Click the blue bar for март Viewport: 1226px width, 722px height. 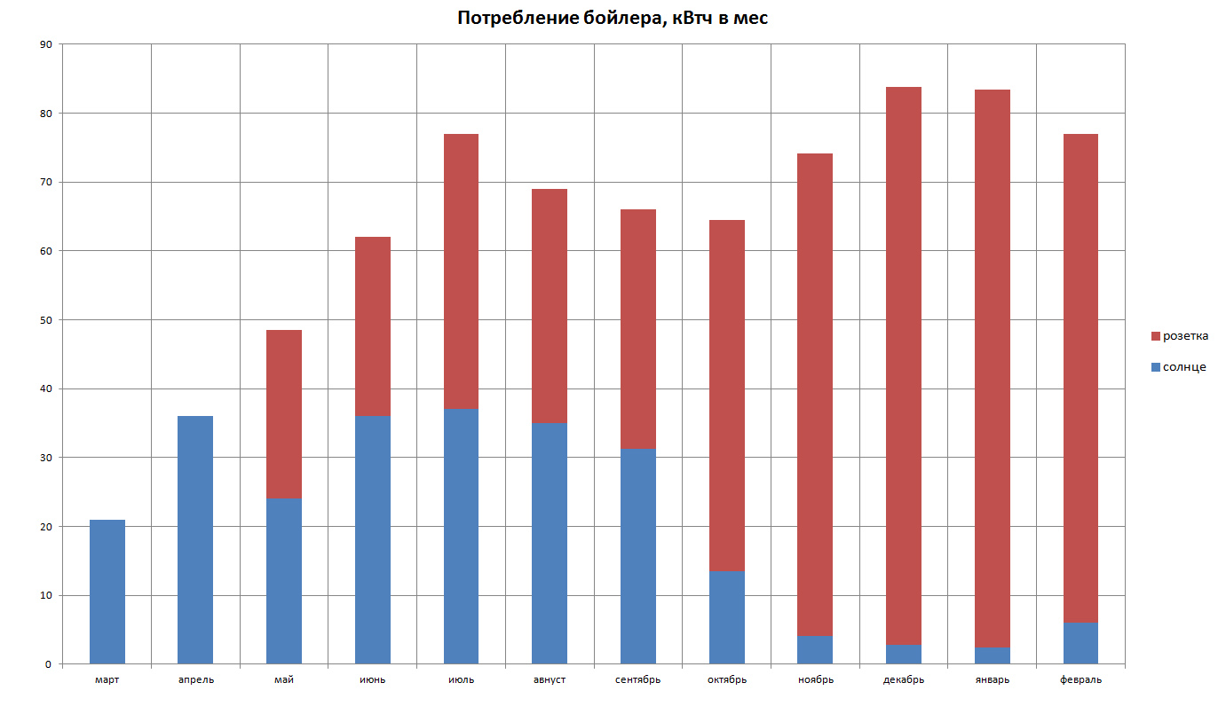[x=107, y=592]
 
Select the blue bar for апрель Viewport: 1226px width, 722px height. [x=195, y=539]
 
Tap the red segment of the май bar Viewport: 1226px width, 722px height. [x=284, y=414]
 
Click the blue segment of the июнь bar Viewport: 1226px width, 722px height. [x=373, y=539]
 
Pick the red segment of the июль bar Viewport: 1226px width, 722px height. [x=461, y=271]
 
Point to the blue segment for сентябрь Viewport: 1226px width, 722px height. [x=638, y=556]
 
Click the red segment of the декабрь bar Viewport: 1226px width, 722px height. [x=904, y=365]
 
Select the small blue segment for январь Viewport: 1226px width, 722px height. [x=993, y=655]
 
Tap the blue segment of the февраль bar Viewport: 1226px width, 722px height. [x=1080, y=643]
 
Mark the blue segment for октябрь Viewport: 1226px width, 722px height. [x=727, y=617]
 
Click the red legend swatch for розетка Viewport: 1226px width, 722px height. [x=1156, y=336]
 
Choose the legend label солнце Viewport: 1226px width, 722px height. [x=1184, y=367]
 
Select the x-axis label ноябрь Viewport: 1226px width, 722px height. [x=815, y=680]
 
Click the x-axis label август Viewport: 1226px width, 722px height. [x=550, y=680]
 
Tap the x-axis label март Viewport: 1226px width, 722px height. [x=107, y=680]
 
